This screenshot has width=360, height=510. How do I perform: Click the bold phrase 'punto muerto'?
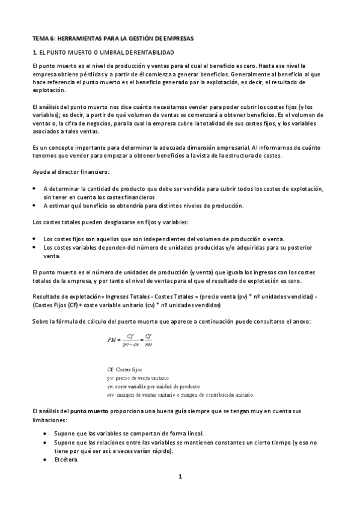coord(90,410)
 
